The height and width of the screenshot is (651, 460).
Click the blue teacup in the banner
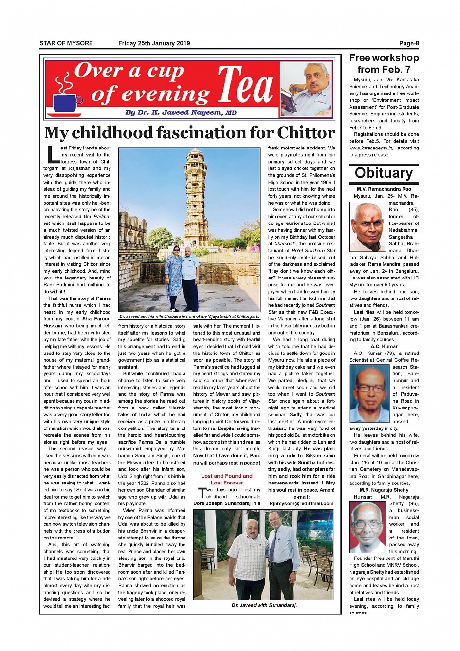tap(68, 102)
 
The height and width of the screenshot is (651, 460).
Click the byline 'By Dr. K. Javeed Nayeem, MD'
tap(181, 112)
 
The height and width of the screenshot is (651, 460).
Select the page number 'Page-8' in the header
tap(408, 43)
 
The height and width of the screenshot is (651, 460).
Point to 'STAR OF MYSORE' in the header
tap(66, 43)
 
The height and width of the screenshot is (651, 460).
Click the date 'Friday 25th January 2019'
tap(154, 43)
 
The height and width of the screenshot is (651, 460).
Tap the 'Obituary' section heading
tap(384, 173)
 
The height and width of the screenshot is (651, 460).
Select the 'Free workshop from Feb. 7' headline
tap(384, 63)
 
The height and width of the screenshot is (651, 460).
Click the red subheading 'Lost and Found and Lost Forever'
tap(227, 479)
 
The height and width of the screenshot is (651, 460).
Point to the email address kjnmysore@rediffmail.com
tap(301, 503)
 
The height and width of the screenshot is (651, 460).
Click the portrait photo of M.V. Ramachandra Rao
tap(367, 227)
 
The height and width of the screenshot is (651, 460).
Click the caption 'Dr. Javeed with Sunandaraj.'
tap(264, 605)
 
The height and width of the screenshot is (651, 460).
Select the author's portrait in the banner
tap(307, 88)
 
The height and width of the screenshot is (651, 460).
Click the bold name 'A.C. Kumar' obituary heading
tap(384, 346)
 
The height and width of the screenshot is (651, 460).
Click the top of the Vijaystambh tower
tap(196, 155)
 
